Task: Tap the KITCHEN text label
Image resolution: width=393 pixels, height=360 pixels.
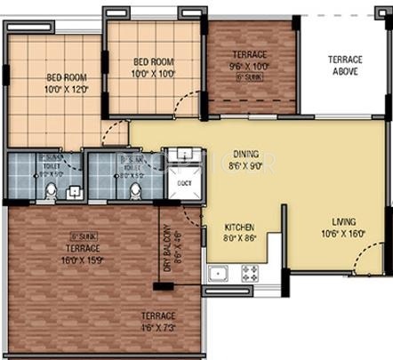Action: (x=239, y=227)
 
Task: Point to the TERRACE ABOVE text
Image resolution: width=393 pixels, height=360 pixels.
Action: (x=343, y=66)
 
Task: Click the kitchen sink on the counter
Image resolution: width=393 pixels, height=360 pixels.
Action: (x=217, y=272)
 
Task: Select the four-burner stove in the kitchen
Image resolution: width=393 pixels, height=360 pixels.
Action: (x=247, y=272)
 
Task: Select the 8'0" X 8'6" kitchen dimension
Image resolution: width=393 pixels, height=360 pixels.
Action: (x=239, y=238)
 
